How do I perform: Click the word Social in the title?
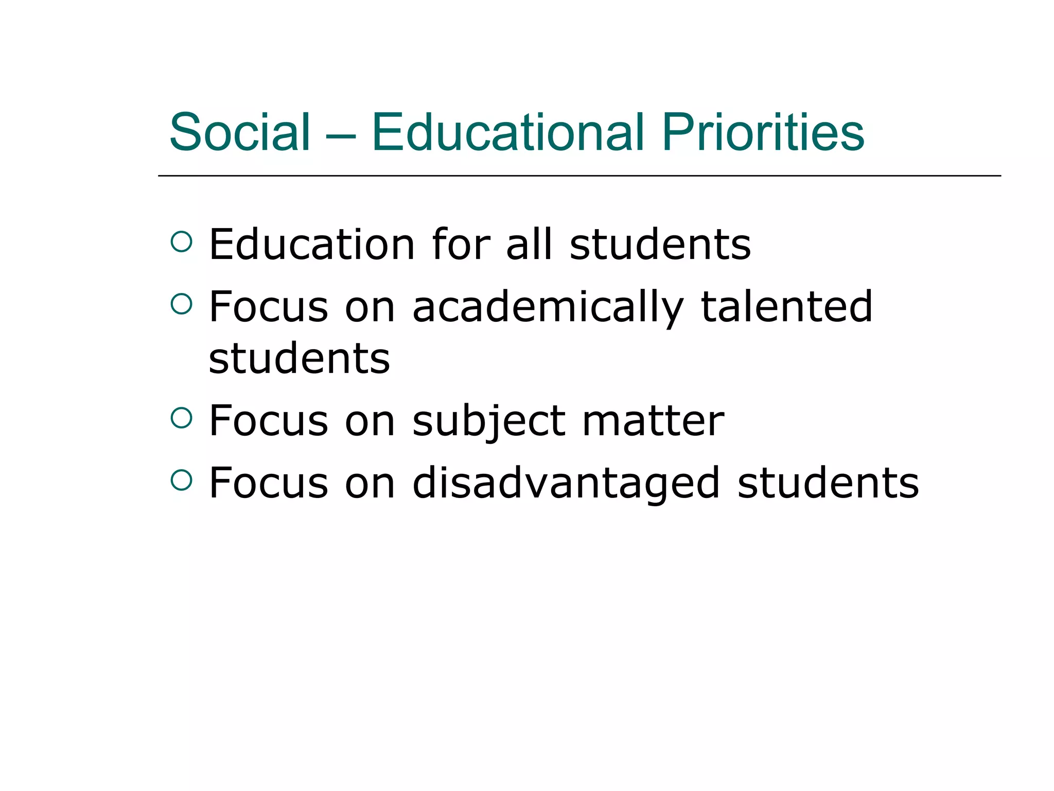coord(240,132)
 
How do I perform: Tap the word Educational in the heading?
coord(507,132)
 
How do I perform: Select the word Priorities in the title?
coord(763,132)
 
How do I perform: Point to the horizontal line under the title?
coord(579,176)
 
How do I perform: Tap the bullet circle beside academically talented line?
coord(181,303)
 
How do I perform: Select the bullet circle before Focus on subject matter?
coord(181,418)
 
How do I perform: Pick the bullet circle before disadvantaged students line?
coord(181,480)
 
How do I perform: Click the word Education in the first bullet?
coord(312,244)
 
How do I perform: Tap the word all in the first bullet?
coord(529,244)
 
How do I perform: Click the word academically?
coord(548,308)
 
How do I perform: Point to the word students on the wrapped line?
coord(299,358)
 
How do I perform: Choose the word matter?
coord(653,421)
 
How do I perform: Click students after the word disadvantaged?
coord(828,483)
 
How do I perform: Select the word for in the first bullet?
coord(461,244)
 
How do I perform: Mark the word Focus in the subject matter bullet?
coord(268,421)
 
